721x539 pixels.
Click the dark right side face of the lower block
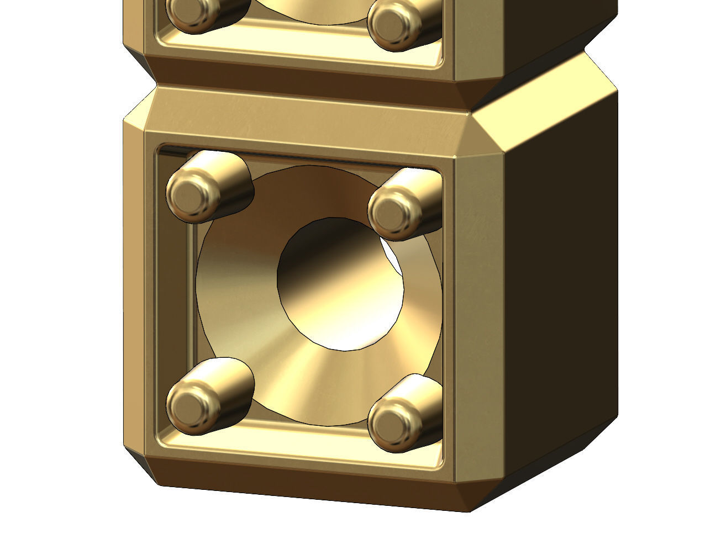(564, 309)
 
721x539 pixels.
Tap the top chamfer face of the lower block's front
(304, 116)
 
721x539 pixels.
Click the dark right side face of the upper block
(552, 28)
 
